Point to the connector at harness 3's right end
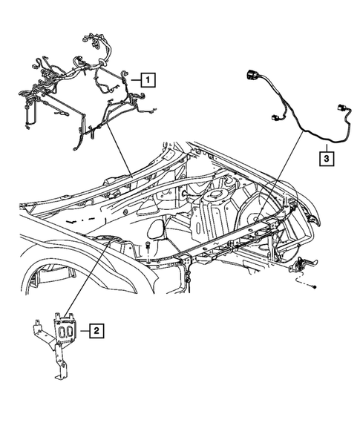pyautogui.click(x=343, y=111)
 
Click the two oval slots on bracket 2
pyautogui.click(x=65, y=330)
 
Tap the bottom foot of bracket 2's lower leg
pyautogui.click(x=60, y=375)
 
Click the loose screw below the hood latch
pyautogui.click(x=317, y=286)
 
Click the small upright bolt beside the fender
pyautogui.click(x=149, y=248)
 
